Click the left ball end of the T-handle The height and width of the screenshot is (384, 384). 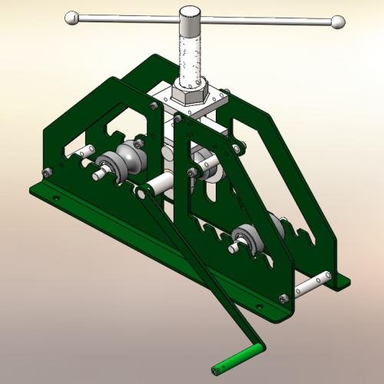71,17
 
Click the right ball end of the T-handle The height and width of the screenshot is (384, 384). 337,23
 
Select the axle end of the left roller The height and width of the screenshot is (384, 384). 98,175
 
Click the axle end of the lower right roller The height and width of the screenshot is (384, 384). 231,248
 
